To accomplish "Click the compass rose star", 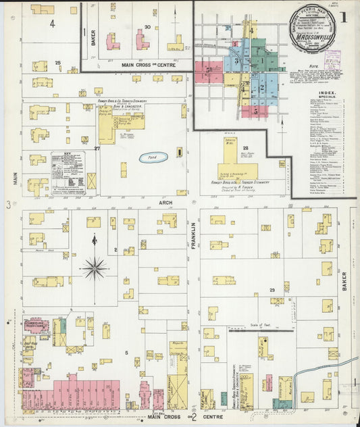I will [x=95, y=268].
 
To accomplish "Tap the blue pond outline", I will [x=153, y=157].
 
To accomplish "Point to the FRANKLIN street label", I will [x=193, y=236].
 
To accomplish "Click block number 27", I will [x=97, y=147].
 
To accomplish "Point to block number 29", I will [x=272, y=290].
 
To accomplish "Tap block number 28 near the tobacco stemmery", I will [x=246, y=148].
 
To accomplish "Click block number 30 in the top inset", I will [x=147, y=28].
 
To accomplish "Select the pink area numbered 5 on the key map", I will [x=209, y=69].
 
